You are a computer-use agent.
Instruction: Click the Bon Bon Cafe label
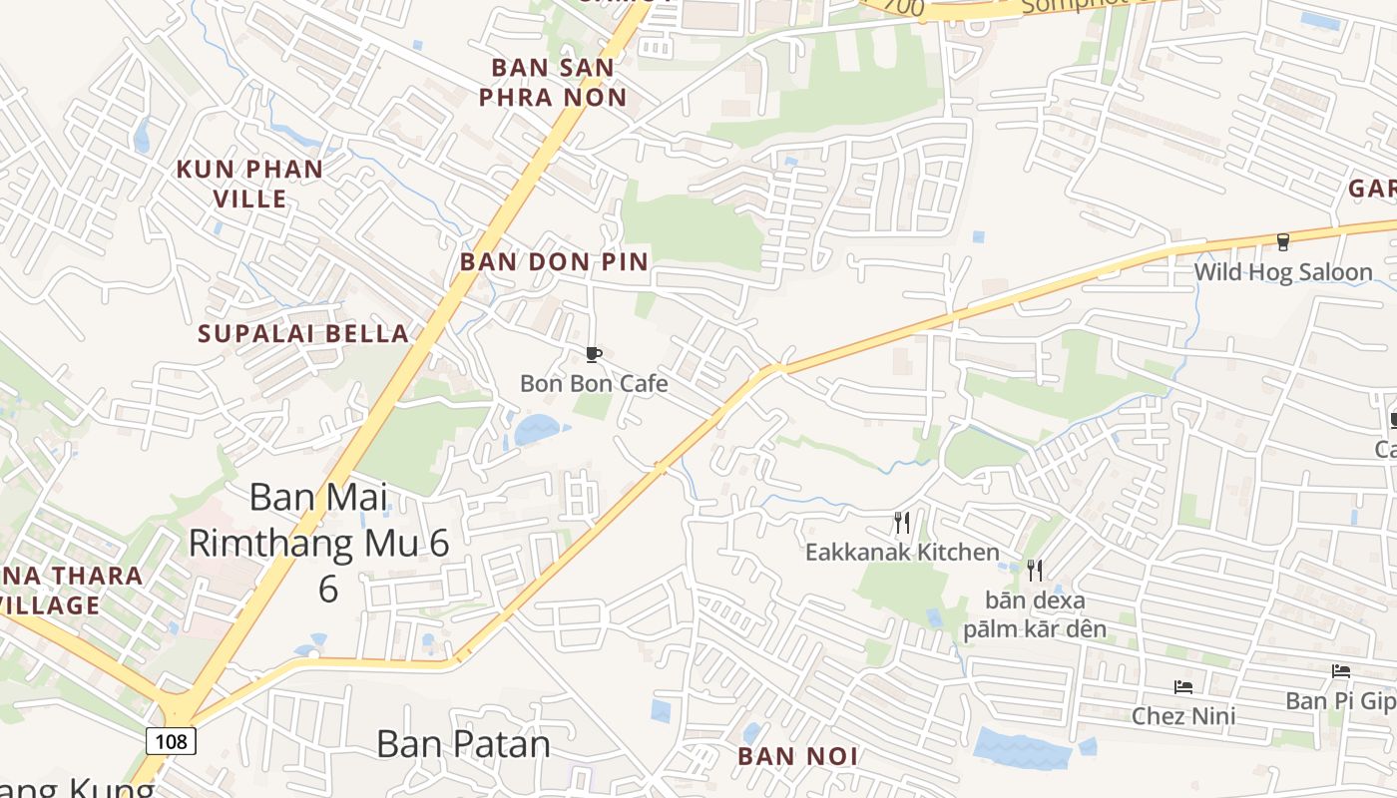[594, 383]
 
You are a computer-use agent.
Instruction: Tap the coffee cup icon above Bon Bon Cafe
[593, 354]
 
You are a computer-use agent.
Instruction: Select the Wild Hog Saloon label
[1283, 271]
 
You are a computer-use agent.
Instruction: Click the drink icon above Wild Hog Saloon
[1283, 241]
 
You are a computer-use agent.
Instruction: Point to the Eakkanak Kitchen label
[902, 552]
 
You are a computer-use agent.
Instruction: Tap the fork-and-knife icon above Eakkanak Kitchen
[902, 522]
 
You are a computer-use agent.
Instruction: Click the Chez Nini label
[1183, 715]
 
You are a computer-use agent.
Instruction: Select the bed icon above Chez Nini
[1183, 686]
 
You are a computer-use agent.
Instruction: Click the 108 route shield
[171, 740]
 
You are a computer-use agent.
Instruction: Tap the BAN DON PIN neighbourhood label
[554, 261]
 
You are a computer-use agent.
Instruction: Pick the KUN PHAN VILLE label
[249, 184]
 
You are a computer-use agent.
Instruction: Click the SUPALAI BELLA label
[303, 333]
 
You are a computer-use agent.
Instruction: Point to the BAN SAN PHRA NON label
[553, 83]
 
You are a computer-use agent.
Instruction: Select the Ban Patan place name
[463, 744]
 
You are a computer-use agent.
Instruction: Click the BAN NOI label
[797, 756]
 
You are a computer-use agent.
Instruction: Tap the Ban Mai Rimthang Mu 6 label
[319, 542]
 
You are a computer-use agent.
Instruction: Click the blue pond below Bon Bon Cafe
[537, 430]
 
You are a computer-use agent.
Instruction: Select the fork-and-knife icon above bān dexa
[1035, 570]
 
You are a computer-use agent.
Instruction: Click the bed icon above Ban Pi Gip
[1340, 671]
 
